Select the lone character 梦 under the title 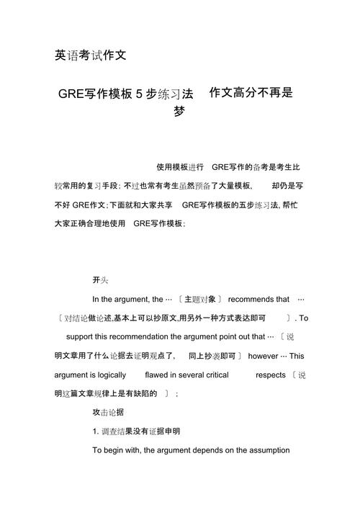click(179, 112)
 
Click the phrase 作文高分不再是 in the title click(251, 93)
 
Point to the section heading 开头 click(100, 279)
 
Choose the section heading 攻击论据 click(108, 412)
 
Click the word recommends click(258, 299)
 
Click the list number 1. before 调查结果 click(96, 431)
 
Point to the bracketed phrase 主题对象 click(199, 299)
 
